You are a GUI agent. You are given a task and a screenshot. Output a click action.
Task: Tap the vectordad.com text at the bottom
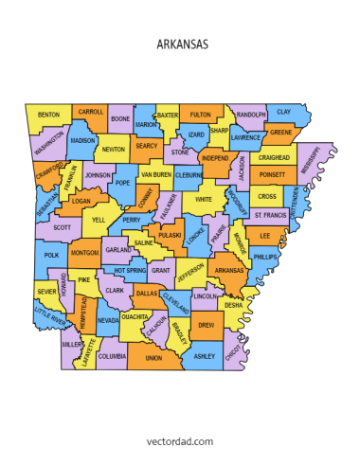(x=179, y=440)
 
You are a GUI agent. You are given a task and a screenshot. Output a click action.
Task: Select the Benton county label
(x=48, y=116)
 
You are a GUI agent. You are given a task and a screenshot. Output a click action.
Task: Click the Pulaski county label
(x=170, y=235)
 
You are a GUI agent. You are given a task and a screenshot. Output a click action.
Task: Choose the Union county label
(x=153, y=359)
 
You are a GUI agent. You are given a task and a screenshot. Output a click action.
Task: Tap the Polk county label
(x=51, y=255)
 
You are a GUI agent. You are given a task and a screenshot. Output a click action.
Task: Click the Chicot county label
(x=232, y=349)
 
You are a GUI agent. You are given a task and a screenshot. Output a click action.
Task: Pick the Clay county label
(x=284, y=112)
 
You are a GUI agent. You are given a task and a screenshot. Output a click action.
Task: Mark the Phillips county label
(x=266, y=257)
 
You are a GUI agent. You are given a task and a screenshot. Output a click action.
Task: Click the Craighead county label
(x=274, y=157)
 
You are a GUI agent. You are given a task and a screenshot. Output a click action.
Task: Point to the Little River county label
(x=50, y=316)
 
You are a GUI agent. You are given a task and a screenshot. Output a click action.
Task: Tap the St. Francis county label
(x=271, y=215)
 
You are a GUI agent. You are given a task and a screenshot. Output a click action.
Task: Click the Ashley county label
(x=204, y=356)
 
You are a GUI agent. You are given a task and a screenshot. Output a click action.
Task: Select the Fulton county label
(x=201, y=115)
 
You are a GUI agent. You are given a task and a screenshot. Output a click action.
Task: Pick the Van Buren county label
(x=155, y=174)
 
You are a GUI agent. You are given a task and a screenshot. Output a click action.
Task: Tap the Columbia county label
(x=111, y=356)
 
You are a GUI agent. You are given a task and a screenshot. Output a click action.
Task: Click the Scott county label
(x=63, y=227)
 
